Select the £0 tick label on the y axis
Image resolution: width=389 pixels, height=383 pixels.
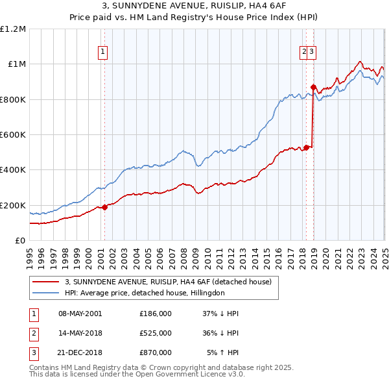pos(21,241)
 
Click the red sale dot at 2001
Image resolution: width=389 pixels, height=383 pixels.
pos(104,208)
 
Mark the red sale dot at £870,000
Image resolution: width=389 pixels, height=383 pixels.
pos(313,87)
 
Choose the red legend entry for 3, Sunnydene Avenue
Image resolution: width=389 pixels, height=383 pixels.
pos(172,282)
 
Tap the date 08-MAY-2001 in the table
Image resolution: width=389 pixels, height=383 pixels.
pos(80,314)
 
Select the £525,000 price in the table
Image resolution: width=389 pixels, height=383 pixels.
pos(156,333)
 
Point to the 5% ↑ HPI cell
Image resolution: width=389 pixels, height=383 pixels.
pos(223,353)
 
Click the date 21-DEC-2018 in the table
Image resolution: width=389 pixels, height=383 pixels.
pos(80,353)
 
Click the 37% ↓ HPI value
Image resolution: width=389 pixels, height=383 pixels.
pos(221,314)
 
